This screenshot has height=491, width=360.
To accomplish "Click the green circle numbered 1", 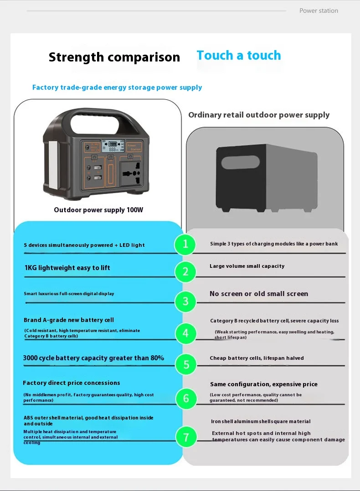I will coord(185,244).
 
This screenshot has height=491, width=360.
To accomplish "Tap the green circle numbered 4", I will coord(185,333).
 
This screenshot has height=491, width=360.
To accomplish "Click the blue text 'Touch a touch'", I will coord(239,56).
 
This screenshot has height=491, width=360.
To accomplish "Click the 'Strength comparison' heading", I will coord(114,57).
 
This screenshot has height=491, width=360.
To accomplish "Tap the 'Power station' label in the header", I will coord(319,10).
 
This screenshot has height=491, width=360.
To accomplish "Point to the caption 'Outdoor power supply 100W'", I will coord(98,210).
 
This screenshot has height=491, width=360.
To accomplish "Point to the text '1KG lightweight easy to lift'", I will coord(67,268).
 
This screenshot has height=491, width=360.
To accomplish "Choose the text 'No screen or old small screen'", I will coord(259,294).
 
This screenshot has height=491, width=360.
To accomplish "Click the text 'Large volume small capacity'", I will coord(247,266).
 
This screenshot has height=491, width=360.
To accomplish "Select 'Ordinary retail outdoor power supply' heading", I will coord(259,115).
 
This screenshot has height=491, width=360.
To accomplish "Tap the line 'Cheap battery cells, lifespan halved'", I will coord(257,358).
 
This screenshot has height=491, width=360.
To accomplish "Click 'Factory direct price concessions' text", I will coord(72,383).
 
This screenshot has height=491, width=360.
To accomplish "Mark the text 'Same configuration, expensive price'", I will coord(264,384).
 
